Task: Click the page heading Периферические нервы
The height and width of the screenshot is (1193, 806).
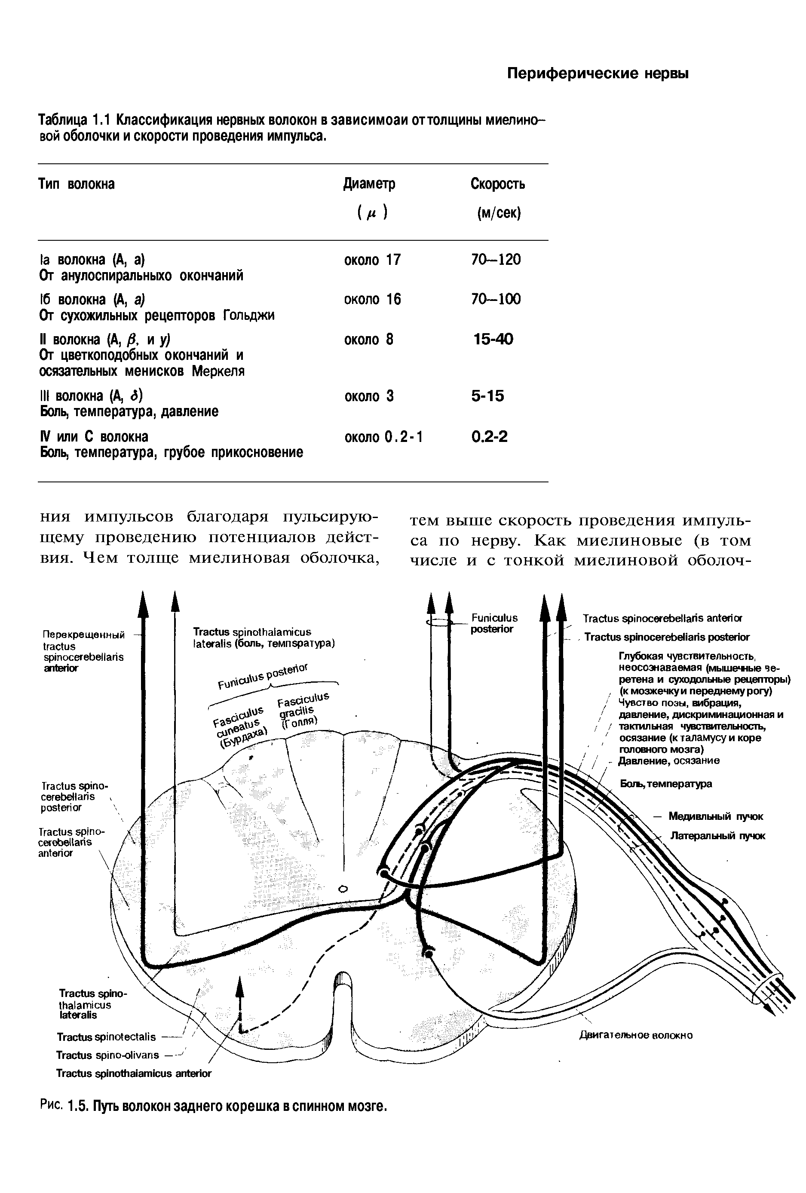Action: (598, 74)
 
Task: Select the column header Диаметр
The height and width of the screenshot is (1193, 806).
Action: (369, 184)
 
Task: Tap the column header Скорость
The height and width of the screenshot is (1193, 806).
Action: (497, 184)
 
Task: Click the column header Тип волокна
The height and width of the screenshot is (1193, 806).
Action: (77, 184)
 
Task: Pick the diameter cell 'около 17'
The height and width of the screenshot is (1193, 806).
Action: (372, 260)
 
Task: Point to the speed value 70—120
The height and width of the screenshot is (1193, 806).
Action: (495, 260)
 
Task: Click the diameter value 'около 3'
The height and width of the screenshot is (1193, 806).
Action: (368, 396)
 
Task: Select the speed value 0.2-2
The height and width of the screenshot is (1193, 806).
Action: (489, 437)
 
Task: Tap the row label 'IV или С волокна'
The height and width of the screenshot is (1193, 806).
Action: (94, 437)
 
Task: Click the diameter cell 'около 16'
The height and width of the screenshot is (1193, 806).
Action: (372, 299)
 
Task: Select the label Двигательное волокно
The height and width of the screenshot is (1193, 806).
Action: (636, 1035)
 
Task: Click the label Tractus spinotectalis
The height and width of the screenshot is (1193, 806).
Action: (106, 1037)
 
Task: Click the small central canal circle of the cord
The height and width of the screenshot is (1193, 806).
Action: (343, 889)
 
